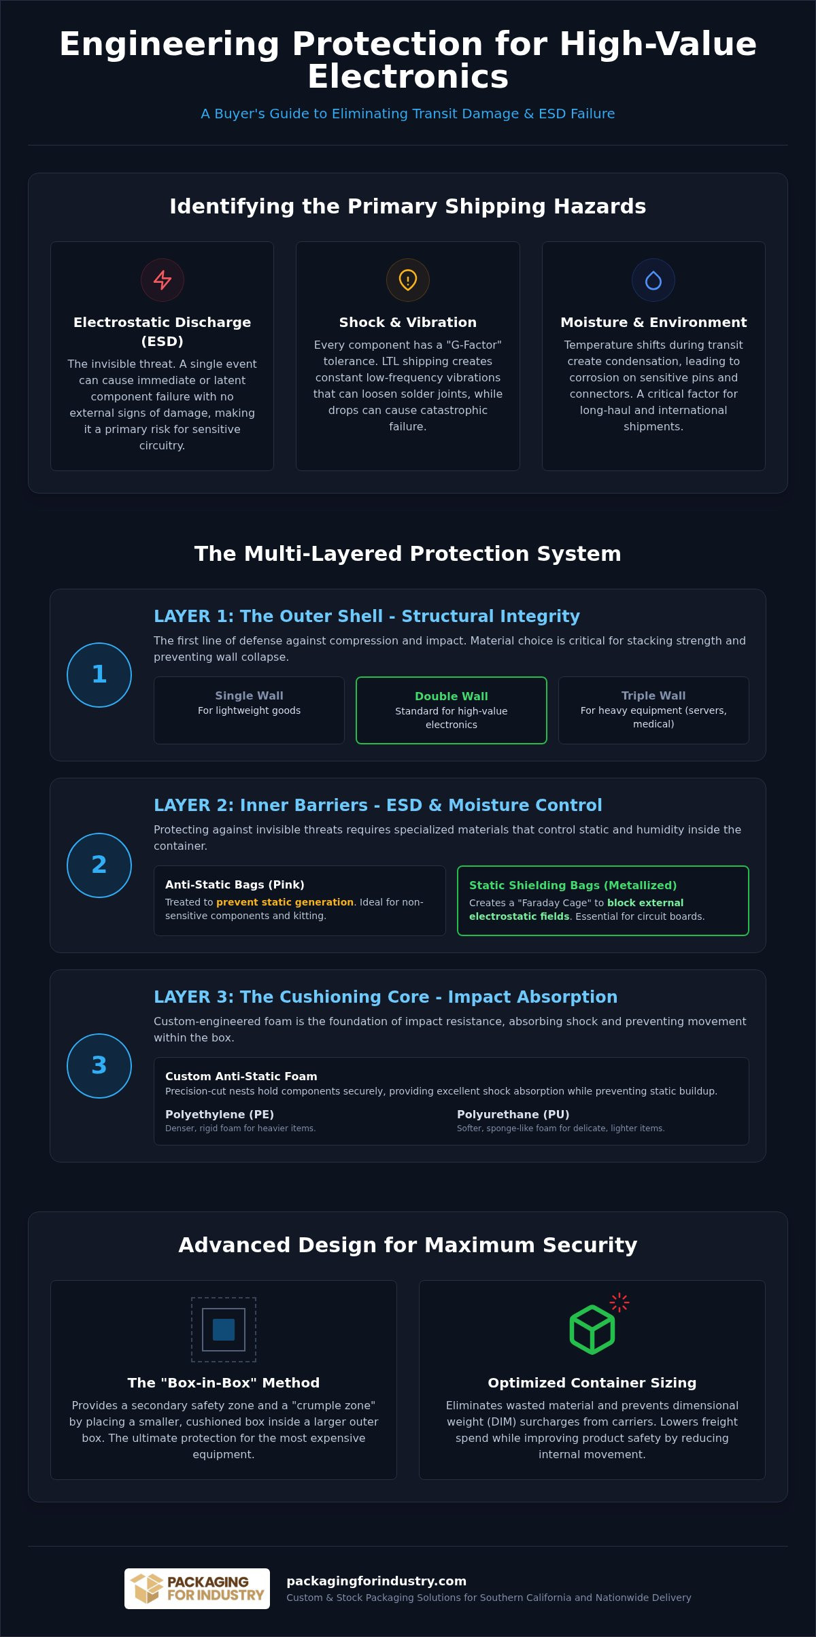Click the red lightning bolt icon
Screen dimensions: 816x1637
(x=163, y=280)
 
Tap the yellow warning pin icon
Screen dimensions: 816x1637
(x=408, y=280)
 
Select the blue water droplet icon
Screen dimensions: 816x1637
(x=653, y=280)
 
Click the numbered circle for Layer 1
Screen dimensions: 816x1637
(x=99, y=675)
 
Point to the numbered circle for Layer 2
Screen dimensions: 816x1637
(x=99, y=865)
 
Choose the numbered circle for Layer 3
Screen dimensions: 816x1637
(x=99, y=1066)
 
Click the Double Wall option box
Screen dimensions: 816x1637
(x=452, y=710)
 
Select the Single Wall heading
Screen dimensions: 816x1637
(x=249, y=695)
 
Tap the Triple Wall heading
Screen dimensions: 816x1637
(x=653, y=695)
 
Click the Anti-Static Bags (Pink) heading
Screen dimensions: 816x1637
(x=235, y=884)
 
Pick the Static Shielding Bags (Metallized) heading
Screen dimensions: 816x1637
(x=573, y=885)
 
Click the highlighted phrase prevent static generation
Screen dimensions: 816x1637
(x=285, y=902)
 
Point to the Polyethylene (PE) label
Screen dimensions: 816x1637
(x=220, y=1114)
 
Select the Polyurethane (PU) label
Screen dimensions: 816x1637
(x=513, y=1114)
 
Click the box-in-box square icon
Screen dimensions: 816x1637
(x=224, y=1330)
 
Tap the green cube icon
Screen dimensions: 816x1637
(x=592, y=1330)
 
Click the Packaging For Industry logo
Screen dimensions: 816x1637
(x=197, y=1589)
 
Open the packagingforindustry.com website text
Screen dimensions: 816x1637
(x=377, y=1581)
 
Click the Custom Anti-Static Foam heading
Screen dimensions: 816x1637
(x=241, y=1076)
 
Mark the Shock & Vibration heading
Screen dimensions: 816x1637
(x=408, y=322)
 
